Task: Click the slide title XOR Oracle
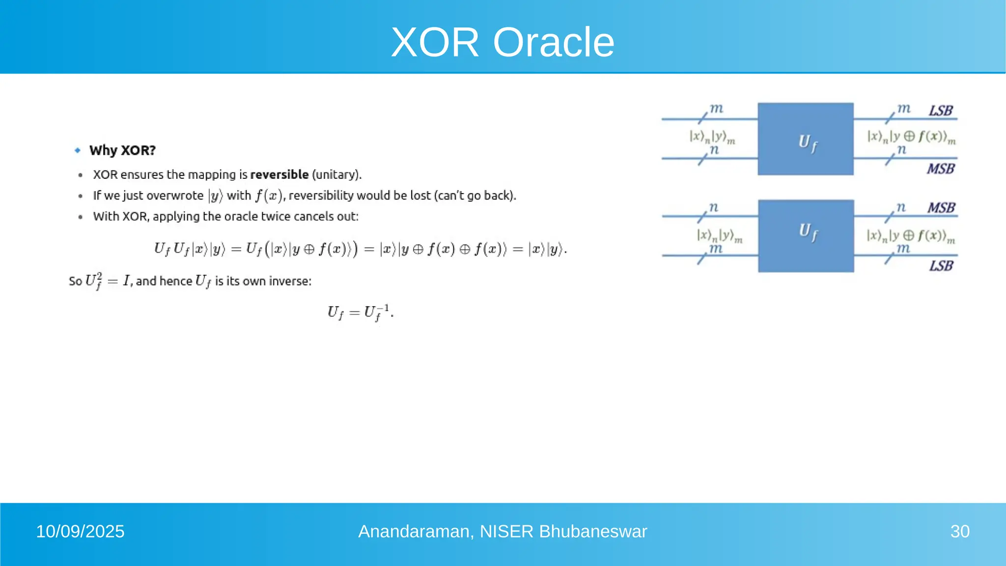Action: (x=503, y=42)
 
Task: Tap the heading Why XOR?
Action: (x=122, y=150)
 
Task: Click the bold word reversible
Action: (x=279, y=174)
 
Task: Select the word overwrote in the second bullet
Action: (x=175, y=196)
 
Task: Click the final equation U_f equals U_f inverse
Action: (x=360, y=312)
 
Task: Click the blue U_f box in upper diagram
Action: (x=805, y=139)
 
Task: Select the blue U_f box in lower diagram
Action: (x=806, y=236)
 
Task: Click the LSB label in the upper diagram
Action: (x=940, y=111)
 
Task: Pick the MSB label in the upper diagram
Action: (x=940, y=169)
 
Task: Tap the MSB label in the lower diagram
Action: (x=941, y=208)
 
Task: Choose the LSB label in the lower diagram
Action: (x=941, y=266)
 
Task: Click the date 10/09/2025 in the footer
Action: (x=80, y=532)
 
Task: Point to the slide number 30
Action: (x=959, y=532)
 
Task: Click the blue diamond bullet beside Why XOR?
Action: (x=78, y=150)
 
